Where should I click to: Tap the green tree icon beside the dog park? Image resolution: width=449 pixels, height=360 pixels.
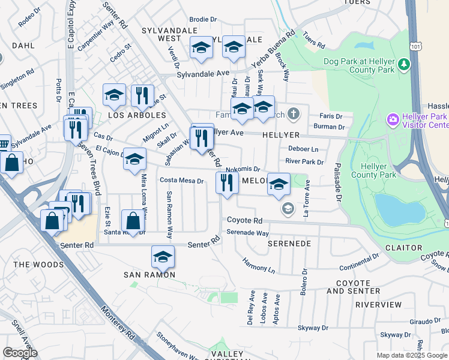[x=405, y=63]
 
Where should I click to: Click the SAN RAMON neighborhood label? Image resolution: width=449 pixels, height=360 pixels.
[x=149, y=274]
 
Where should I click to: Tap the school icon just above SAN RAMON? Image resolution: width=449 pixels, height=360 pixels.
[x=162, y=257]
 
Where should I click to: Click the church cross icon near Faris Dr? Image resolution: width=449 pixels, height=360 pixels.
[x=293, y=113]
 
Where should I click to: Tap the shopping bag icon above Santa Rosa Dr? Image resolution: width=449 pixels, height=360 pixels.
[x=132, y=220]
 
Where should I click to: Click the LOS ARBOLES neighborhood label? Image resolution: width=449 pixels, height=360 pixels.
[x=137, y=115]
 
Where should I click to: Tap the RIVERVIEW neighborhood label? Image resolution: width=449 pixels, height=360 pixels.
[x=378, y=305]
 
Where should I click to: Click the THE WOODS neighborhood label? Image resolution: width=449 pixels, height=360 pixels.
[x=38, y=265]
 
